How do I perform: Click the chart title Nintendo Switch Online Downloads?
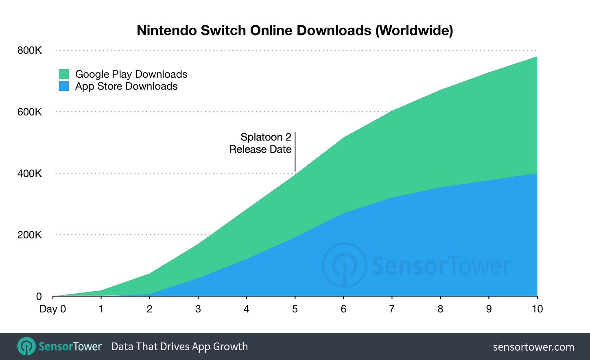(x=295, y=31)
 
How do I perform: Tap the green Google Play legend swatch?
(x=64, y=74)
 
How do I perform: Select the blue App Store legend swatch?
(x=64, y=86)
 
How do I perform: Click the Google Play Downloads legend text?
(x=131, y=74)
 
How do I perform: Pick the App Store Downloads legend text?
(x=126, y=86)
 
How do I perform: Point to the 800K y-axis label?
(x=29, y=50)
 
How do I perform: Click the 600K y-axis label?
(x=29, y=112)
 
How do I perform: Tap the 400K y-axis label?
(x=29, y=173)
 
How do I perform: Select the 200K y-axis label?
(x=29, y=235)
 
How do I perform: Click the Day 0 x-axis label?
(x=52, y=309)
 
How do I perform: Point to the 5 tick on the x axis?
(x=295, y=309)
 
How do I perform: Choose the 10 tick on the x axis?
(x=537, y=309)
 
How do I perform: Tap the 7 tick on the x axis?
(x=392, y=309)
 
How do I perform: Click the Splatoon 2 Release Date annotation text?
(x=260, y=143)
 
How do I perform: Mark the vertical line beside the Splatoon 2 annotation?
(x=295, y=151)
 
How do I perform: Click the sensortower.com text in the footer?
(x=533, y=347)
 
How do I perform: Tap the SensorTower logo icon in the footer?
(x=26, y=347)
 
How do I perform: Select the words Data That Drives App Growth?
(x=179, y=347)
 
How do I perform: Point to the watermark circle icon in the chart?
(x=344, y=265)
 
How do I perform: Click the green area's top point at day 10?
(x=537, y=57)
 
